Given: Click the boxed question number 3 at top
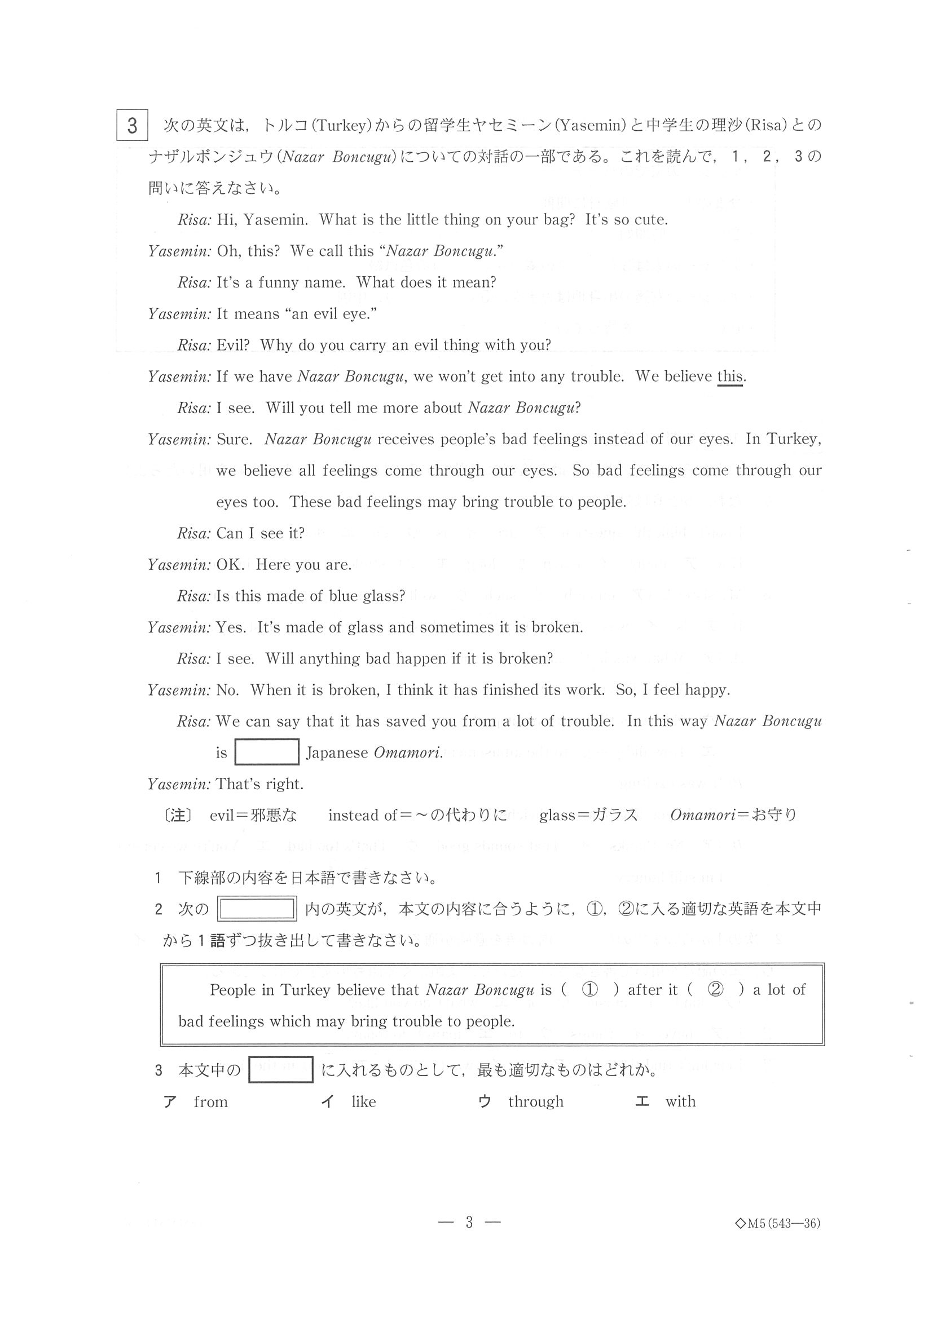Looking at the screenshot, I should coord(131,125).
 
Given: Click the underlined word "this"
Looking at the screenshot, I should coord(730,377).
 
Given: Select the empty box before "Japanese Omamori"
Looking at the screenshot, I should coord(267,752).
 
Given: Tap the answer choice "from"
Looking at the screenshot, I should coord(210,1102).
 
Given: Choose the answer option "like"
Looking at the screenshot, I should coord(363,1102).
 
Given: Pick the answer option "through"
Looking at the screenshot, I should coord(535,1102).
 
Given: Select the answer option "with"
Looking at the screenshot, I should coord(681,1102).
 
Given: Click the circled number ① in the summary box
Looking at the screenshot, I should coord(590,990).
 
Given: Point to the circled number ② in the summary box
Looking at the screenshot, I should coord(715,990).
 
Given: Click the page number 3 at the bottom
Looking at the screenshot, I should coord(469,1223).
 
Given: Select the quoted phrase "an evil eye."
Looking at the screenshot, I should coord(331,313).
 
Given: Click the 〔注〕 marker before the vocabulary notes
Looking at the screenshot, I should coord(178,816).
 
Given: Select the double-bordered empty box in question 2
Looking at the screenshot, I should coord(257,909).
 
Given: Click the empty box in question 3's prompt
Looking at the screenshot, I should coord(280,1070).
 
